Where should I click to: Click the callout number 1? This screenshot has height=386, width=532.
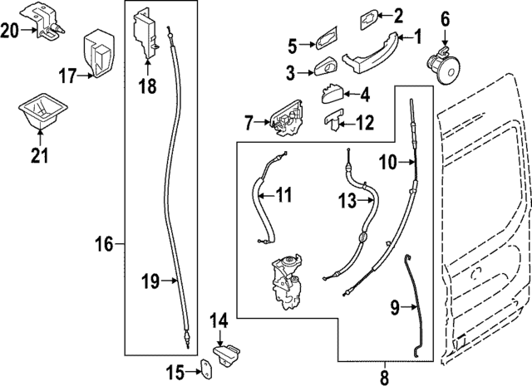(x=418, y=36)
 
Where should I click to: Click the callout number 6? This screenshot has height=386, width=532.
(x=445, y=17)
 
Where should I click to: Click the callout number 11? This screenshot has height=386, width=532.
(x=283, y=196)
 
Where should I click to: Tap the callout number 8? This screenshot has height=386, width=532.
(x=384, y=377)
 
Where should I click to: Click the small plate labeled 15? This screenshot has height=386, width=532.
(x=204, y=370)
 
